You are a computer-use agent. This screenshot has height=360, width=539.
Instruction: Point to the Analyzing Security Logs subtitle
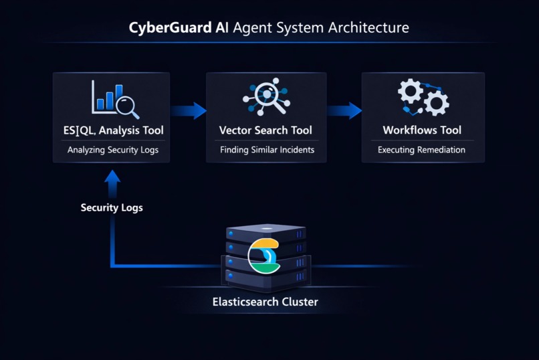point(113,150)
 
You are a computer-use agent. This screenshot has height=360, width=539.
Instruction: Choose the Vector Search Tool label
point(265,130)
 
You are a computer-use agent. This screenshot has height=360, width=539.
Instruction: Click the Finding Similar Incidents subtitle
point(267,150)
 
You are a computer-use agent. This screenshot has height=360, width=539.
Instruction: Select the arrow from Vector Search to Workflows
point(344,110)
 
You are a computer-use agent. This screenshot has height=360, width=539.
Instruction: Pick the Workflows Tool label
point(422,130)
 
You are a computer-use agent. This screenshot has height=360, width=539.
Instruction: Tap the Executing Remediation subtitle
point(421,150)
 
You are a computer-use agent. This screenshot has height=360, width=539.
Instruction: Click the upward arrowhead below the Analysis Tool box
point(112,177)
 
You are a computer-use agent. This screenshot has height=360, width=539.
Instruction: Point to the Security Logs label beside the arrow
point(112,207)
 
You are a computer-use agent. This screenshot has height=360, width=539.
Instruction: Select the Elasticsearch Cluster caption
point(265,302)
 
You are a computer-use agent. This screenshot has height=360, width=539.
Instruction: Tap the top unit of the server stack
point(266,232)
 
